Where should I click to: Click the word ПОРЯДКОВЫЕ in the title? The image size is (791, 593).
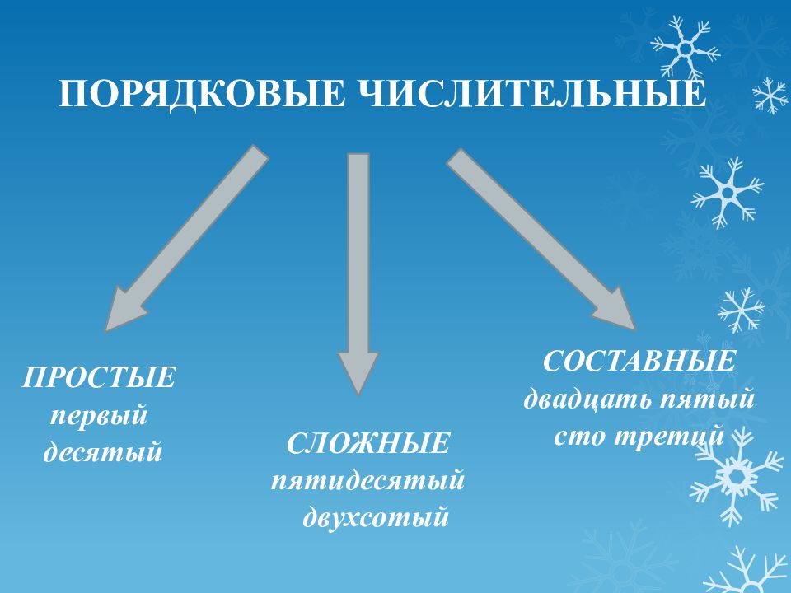(x=203, y=93)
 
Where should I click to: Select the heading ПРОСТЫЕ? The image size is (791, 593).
(x=99, y=377)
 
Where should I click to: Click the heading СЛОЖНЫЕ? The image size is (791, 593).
(x=367, y=444)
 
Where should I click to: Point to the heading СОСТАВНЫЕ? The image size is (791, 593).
(x=639, y=361)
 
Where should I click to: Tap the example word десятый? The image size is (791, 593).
(x=103, y=451)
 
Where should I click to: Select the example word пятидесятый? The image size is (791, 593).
(x=367, y=479)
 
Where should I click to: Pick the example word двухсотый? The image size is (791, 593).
(x=376, y=516)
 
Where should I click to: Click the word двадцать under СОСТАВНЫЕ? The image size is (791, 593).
(x=588, y=399)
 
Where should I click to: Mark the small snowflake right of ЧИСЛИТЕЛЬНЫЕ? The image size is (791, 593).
(x=770, y=96)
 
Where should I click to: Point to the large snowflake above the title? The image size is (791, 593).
(x=685, y=49)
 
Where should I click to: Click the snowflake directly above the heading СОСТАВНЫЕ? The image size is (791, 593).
(x=741, y=311)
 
